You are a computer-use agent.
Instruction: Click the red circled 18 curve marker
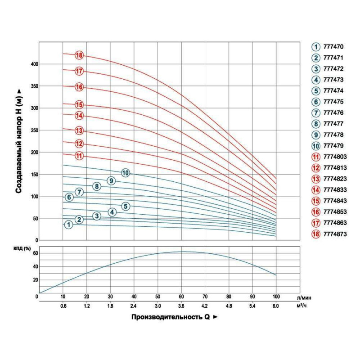(x=80, y=55)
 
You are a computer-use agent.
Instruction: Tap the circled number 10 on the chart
(x=126, y=173)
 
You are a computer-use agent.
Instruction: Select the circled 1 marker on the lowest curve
(x=68, y=225)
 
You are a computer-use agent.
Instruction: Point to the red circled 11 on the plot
(x=80, y=156)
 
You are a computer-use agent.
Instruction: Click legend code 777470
(x=333, y=46)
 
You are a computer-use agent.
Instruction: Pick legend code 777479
(x=333, y=145)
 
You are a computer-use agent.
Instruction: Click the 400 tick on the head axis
(x=34, y=64)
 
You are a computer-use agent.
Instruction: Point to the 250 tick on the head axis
(x=34, y=130)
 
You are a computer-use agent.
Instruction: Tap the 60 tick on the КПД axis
(x=34, y=253)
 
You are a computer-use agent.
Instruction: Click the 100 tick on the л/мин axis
(x=276, y=297)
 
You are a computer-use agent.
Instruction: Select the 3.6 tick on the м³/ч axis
(x=181, y=306)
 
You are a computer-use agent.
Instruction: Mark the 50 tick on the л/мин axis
(x=157, y=297)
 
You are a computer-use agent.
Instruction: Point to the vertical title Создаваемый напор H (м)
(x=19, y=140)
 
